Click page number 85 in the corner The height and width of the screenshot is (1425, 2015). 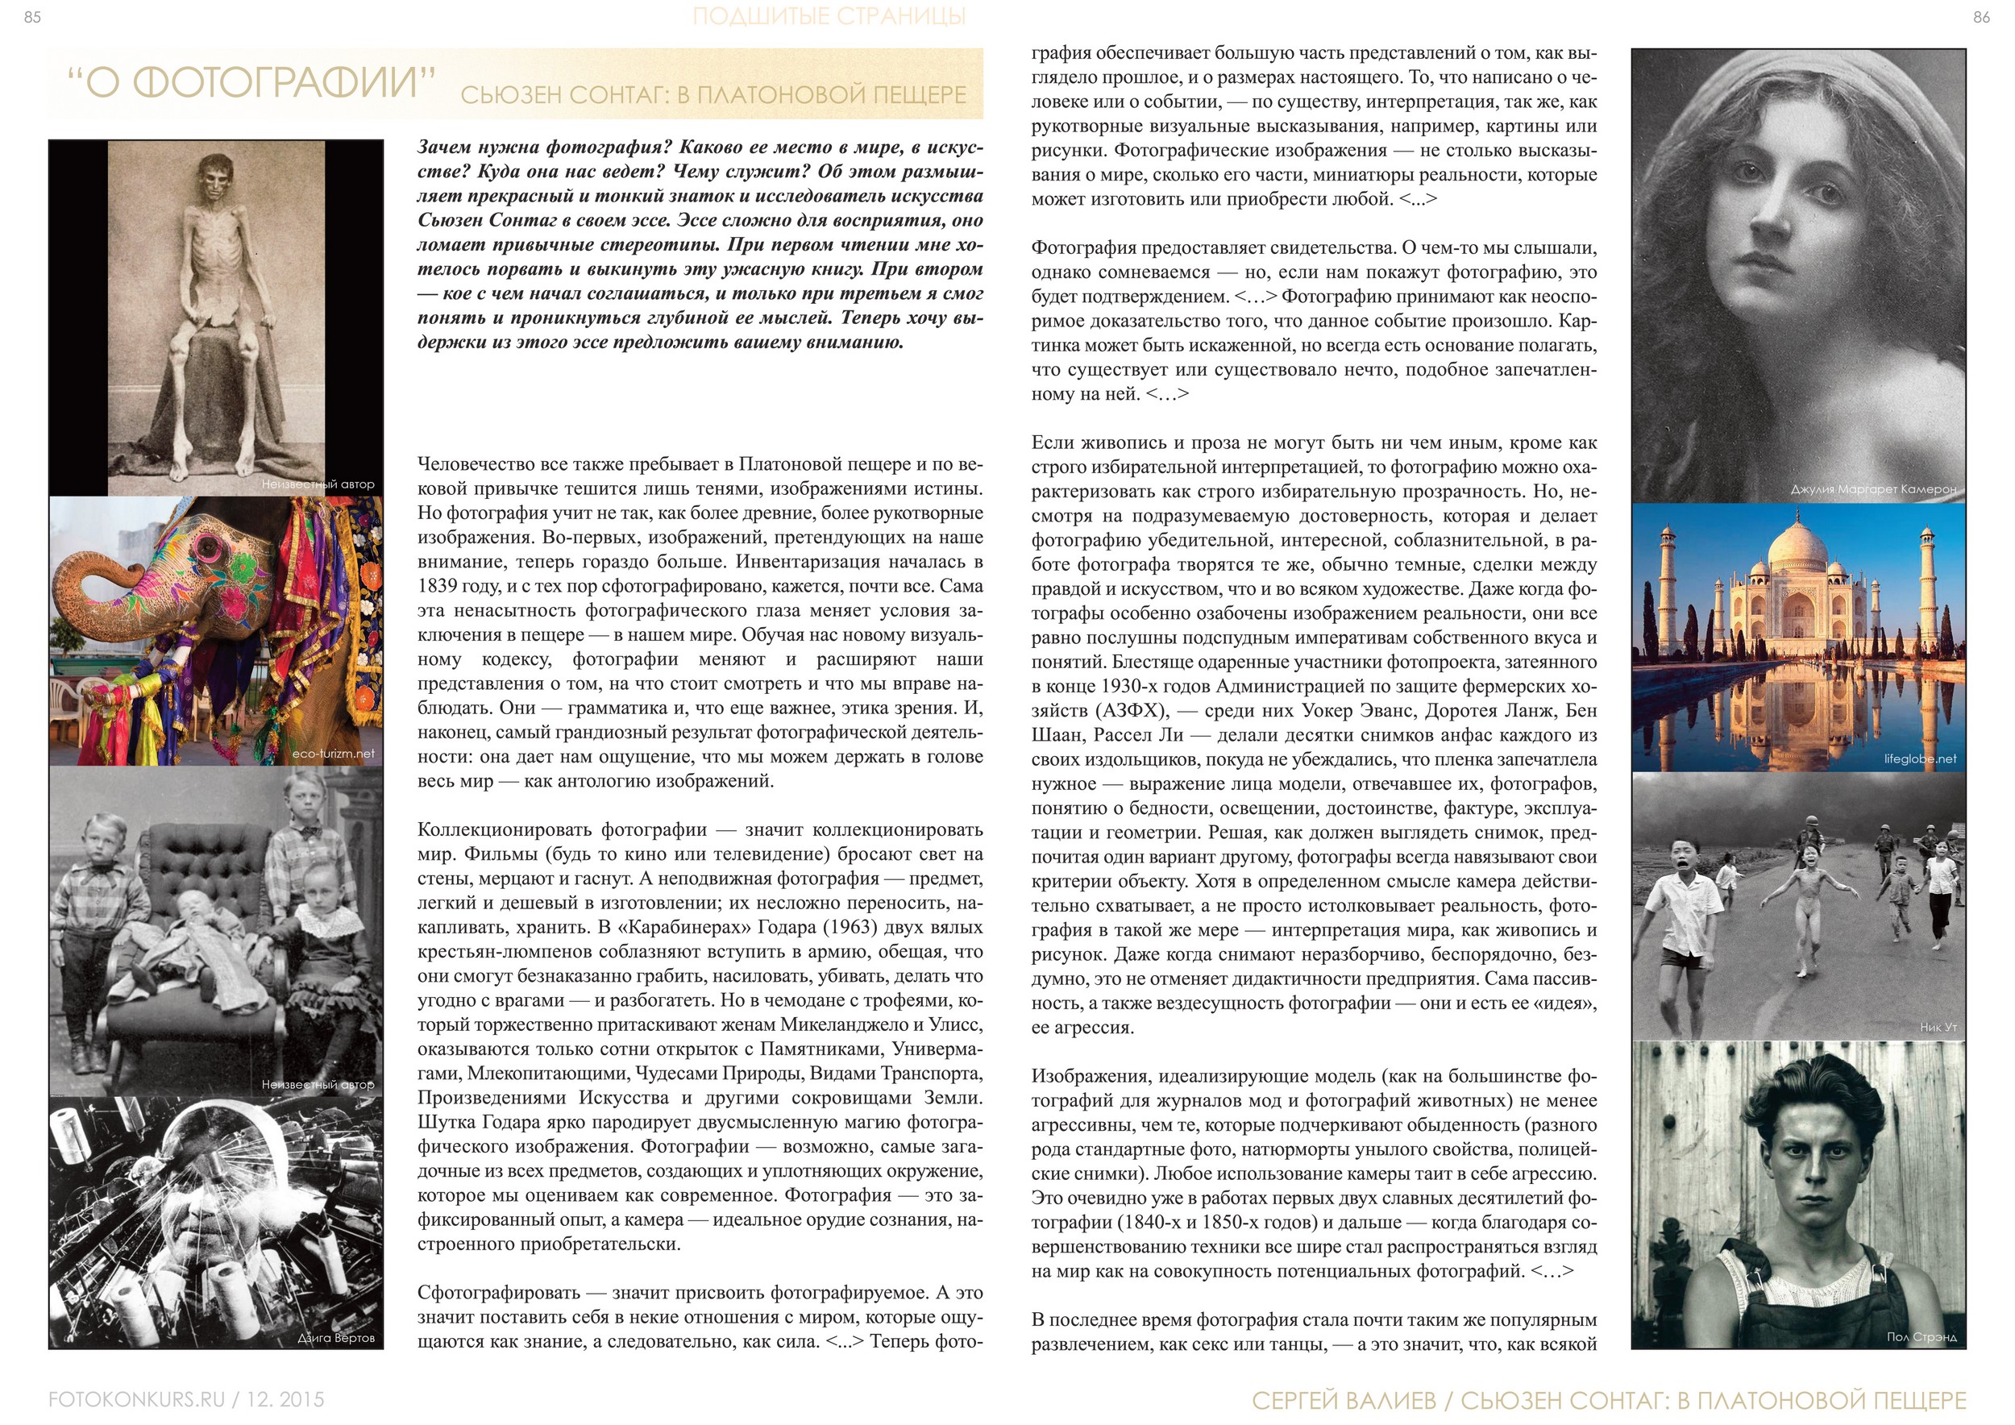31,17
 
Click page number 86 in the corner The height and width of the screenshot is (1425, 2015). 1982,17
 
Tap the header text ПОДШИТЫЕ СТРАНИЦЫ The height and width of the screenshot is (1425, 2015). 829,16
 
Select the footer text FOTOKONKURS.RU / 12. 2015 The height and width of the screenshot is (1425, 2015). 186,1398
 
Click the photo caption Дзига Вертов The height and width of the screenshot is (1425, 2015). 335,1337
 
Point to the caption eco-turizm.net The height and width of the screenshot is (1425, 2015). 333,753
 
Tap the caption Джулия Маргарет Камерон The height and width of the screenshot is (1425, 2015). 1873,488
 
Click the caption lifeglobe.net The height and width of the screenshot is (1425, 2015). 1920,758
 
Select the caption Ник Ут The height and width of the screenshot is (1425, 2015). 1938,1027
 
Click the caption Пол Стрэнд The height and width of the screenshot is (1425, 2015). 1921,1336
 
